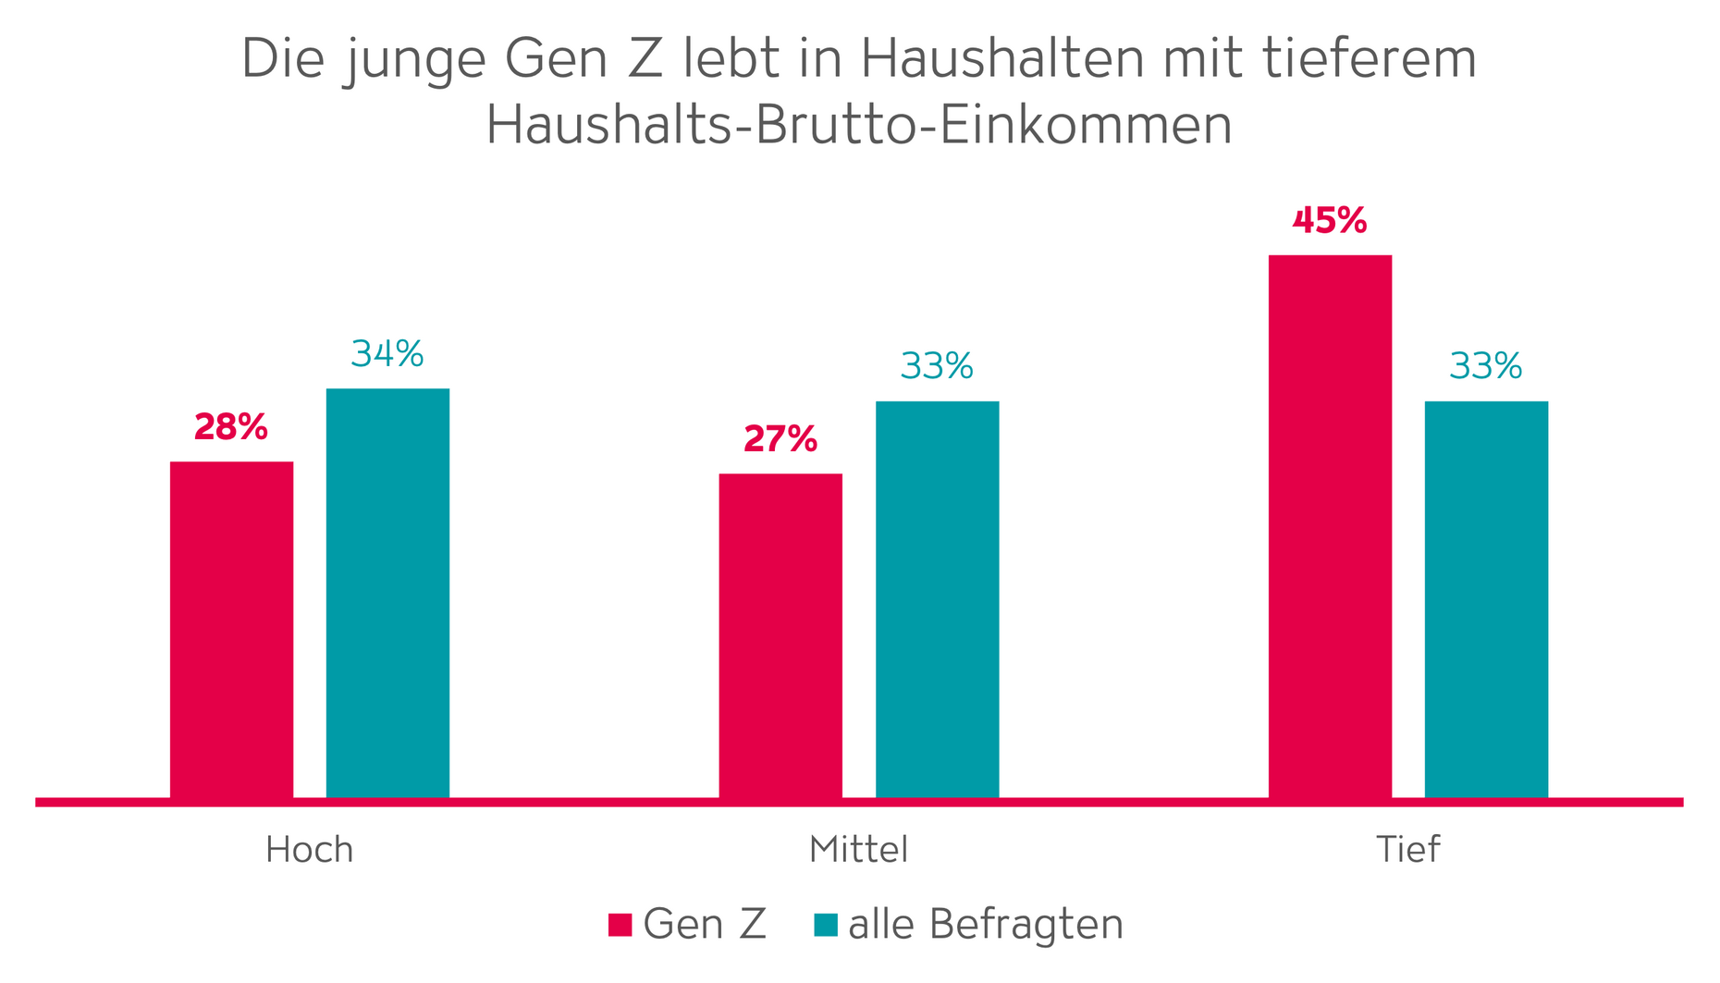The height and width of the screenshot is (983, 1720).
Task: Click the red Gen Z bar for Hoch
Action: click(x=231, y=629)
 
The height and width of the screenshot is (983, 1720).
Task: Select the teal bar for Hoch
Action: click(x=387, y=592)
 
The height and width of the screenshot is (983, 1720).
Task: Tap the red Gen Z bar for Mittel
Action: click(x=780, y=635)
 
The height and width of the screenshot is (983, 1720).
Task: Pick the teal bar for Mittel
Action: click(x=937, y=598)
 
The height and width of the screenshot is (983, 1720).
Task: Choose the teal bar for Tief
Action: click(x=1486, y=598)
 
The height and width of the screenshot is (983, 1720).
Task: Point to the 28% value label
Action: click(x=231, y=427)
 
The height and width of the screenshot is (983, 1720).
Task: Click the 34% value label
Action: click(x=387, y=354)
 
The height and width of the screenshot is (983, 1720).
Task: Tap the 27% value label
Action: click(x=780, y=439)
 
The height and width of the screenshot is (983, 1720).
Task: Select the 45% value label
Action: click(x=1330, y=221)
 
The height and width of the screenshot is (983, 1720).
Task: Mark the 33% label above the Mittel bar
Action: click(x=937, y=367)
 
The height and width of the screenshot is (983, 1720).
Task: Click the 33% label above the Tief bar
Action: click(x=1486, y=367)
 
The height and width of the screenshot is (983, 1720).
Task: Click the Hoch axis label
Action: click(x=309, y=850)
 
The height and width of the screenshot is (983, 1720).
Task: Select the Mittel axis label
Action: click(x=858, y=850)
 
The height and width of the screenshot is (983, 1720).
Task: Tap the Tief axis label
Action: click(x=1407, y=850)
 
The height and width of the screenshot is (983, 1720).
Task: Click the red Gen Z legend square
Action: click(x=620, y=925)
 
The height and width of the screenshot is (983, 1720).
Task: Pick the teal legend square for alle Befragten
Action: click(x=826, y=925)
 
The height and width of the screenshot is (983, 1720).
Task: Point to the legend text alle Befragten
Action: click(x=986, y=925)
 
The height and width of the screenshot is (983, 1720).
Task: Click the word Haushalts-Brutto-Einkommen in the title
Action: click(x=859, y=126)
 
